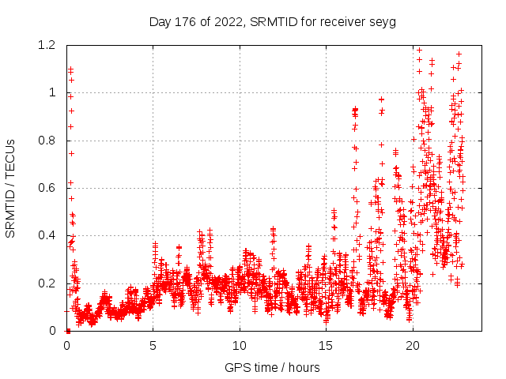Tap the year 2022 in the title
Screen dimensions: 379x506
pos(228,21)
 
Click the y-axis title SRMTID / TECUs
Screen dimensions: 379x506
pos(10,189)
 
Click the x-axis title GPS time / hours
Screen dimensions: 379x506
pos(272,367)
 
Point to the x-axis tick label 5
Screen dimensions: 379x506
pos(153,346)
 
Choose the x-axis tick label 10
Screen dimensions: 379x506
pos(240,346)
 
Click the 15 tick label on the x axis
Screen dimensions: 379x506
pos(326,346)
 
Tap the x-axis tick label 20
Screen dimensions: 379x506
pos(412,346)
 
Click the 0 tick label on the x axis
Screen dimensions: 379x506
pos(67,346)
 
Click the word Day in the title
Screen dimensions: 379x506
pos(160,21)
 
